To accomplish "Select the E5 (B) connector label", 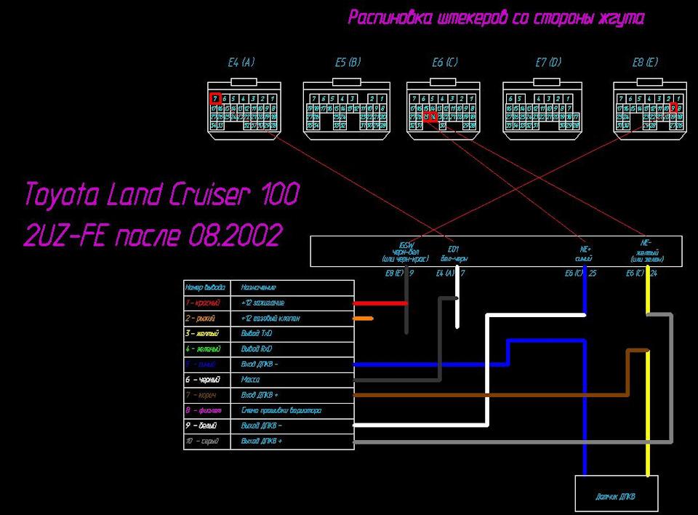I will [x=348, y=63].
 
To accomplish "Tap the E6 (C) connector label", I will [x=444, y=63].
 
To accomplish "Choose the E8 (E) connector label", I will [x=645, y=63].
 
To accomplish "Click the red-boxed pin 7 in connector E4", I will [x=214, y=98].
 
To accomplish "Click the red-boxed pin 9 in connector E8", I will [x=673, y=108].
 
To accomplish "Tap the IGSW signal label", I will [x=406, y=245].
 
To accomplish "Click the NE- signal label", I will [x=645, y=243].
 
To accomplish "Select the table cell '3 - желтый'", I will [x=203, y=333].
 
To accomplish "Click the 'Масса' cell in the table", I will [x=250, y=380].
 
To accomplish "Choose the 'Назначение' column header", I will [x=259, y=287].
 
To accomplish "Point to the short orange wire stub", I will [x=363, y=319].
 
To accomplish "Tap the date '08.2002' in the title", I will [x=235, y=236].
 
